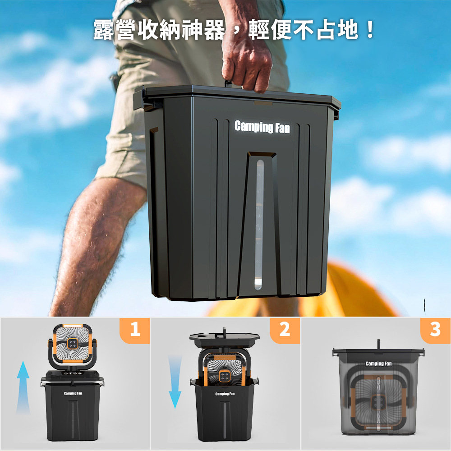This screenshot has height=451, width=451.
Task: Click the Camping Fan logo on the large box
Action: pyautogui.click(x=262, y=127)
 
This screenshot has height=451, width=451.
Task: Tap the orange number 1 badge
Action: pyautogui.click(x=135, y=330)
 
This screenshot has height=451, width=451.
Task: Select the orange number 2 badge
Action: pyautogui.click(x=285, y=330)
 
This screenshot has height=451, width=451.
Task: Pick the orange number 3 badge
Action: pyautogui.click(x=435, y=330)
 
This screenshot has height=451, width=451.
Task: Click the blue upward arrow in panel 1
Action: pyautogui.click(x=23, y=387)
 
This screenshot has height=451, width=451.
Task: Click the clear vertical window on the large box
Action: pyautogui.click(x=259, y=224)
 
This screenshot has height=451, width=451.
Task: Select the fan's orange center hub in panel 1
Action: pyautogui.click(x=72, y=343)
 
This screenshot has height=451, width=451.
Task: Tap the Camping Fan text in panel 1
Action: pyautogui.click(x=73, y=393)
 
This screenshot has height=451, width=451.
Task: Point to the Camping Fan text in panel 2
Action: pyautogui.click(x=225, y=394)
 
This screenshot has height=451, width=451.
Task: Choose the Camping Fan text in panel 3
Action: pyautogui.click(x=378, y=364)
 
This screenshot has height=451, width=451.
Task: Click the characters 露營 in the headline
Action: pyautogui.click(x=115, y=30)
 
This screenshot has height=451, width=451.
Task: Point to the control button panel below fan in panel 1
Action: pyautogui.click(x=72, y=373)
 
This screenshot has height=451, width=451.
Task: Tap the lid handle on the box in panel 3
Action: pyautogui.click(x=379, y=344)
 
